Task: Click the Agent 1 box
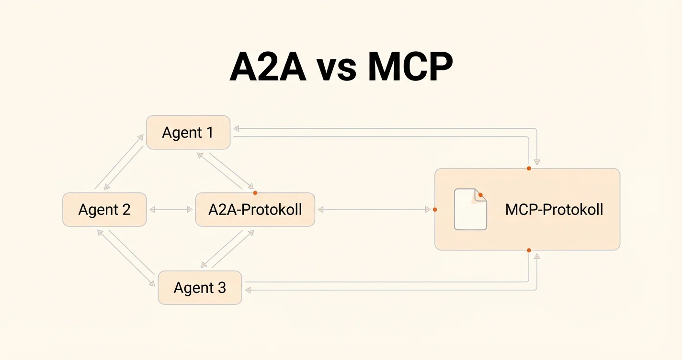click(x=188, y=132)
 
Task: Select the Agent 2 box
click(x=104, y=210)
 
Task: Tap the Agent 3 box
click(x=200, y=288)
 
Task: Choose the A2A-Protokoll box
click(x=255, y=210)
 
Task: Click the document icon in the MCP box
click(x=470, y=210)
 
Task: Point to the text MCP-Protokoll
click(x=554, y=210)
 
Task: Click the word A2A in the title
click(x=268, y=67)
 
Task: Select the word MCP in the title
click(x=410, y=67)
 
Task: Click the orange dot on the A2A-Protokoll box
click(x=255, y=193)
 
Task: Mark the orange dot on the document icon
click(x=480, y=195)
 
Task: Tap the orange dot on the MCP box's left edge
click(x=435, y=210)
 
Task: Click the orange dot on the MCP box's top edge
click(x=529, y=169)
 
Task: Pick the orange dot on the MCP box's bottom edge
click(x=529, y=250)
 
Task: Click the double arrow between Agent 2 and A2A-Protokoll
click(x=171, y=210)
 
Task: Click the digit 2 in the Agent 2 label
click(x=125, y=210)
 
